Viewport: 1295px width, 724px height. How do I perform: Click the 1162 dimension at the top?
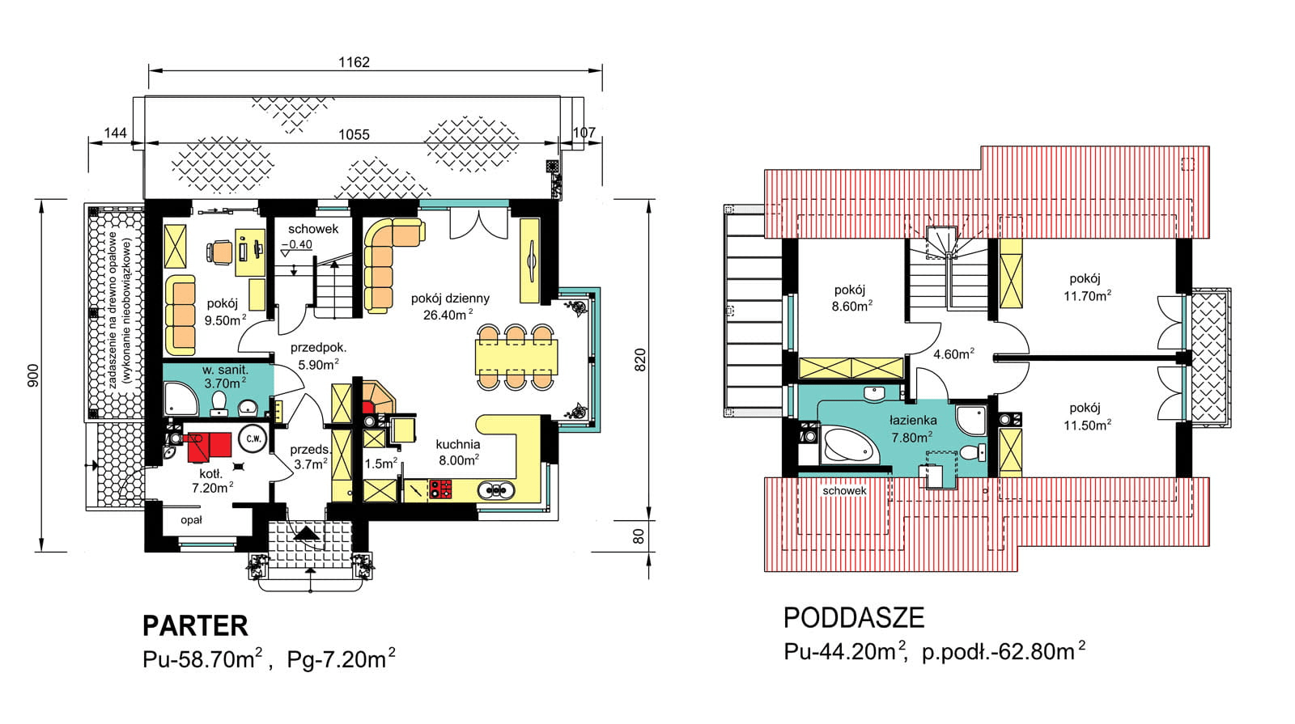354,61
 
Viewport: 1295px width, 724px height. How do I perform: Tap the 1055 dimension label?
354,134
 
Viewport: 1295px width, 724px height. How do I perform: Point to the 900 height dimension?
33,375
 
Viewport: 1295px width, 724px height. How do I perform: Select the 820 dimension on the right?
640,360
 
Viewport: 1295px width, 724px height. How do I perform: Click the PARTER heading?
195,626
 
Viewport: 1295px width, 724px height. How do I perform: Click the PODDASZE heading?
854,618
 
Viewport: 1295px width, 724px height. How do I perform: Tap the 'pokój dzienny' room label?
450,298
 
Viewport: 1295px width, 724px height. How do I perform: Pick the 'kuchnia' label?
458,444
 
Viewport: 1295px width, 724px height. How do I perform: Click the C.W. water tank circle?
253,438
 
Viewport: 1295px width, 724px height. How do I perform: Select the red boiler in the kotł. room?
209,447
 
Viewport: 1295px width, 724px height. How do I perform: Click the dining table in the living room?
516,358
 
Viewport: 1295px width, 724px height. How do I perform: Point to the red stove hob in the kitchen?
440,490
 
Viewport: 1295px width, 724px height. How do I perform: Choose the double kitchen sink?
496,490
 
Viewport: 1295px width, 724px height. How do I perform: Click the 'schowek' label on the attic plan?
844,490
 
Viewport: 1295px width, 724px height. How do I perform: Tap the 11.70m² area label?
1088,296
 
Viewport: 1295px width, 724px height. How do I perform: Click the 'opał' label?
191,520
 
